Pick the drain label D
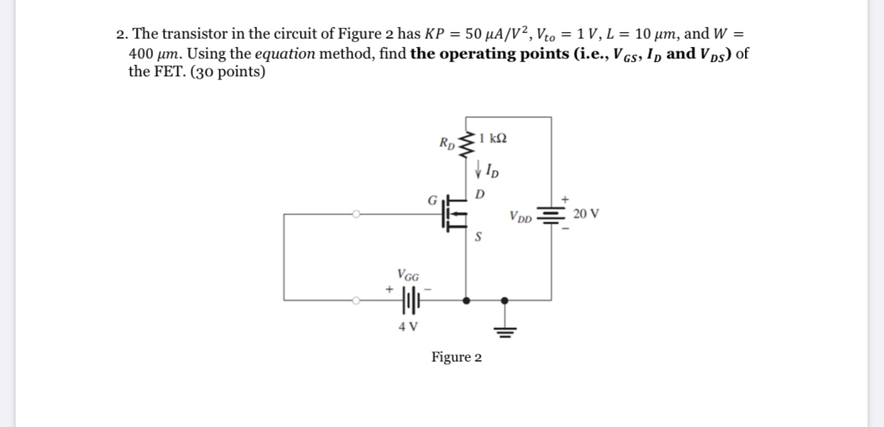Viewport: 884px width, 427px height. [479, 194]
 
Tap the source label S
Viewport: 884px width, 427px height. [479, 237]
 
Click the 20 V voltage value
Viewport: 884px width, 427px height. [586, 213]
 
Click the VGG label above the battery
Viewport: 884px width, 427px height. [408, 274]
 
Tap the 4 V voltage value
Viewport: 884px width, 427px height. [408, 327]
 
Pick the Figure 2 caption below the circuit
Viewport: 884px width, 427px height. [456, 357]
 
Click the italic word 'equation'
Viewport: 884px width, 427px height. [285, 53]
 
